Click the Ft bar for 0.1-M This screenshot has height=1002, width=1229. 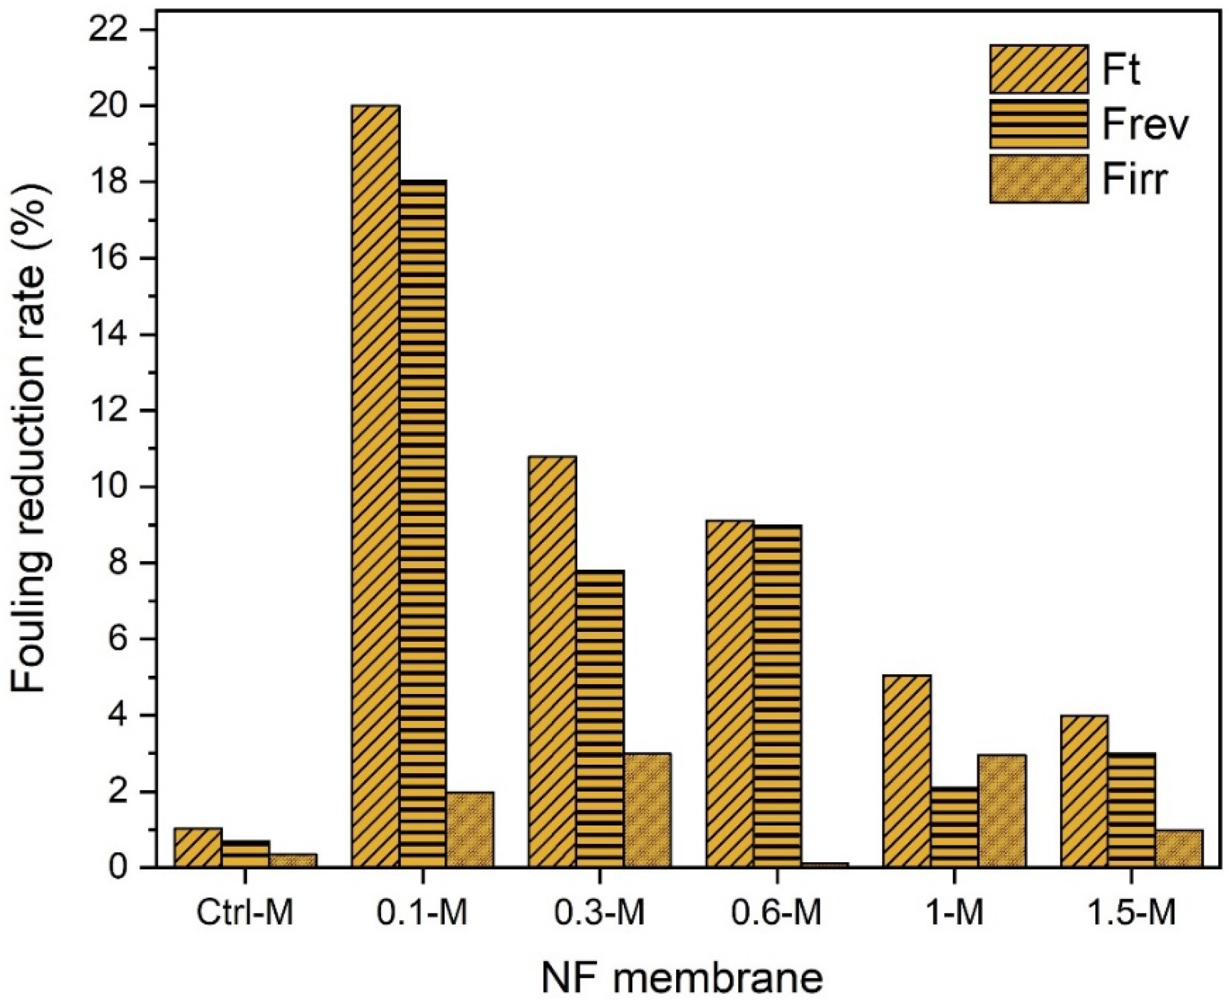tap(375, 486)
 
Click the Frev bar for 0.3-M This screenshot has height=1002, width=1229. tap(600, 718)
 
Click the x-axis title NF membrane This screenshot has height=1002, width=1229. tap(682, 977)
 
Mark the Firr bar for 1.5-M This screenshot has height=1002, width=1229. tap(1179, 848)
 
